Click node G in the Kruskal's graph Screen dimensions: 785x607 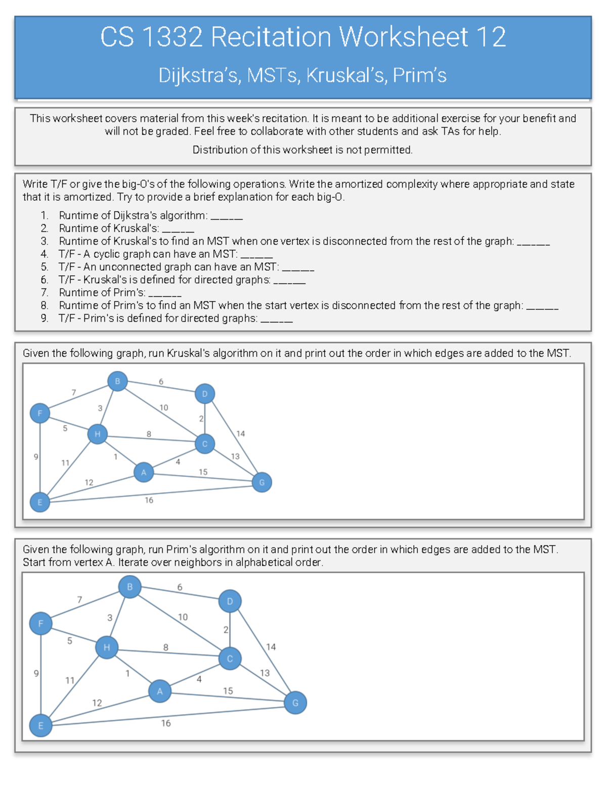262,482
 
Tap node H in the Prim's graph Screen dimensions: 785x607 107,648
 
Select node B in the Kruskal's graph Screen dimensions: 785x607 117,381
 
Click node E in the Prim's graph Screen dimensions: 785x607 40,725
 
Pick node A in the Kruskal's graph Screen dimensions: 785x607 144,472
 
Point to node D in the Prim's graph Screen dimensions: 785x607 230,601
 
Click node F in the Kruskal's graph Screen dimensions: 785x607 40,413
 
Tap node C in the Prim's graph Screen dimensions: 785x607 230,659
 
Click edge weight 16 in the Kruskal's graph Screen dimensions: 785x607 149,500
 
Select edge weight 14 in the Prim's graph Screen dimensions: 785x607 271,647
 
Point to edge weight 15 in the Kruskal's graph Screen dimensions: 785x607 203,472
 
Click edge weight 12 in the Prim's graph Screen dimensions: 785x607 97,703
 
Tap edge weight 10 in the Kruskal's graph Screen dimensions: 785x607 164,407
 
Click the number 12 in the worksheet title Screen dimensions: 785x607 490,37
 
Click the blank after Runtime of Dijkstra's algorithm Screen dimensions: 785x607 227,216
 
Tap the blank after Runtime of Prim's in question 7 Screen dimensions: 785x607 165,293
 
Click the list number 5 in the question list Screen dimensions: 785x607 45,267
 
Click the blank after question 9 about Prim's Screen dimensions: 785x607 277,319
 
